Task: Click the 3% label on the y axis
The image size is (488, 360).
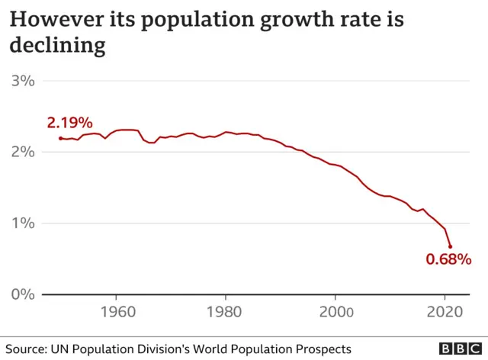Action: [22, 80]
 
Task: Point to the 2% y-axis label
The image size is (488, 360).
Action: [22, 151]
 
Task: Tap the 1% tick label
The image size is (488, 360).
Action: [22, 223]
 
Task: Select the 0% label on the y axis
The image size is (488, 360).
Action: [22, 294]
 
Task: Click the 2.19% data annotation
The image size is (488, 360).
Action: [69, 123]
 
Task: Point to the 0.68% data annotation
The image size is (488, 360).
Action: [448, 259]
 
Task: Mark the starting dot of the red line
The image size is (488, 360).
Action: [60, 138]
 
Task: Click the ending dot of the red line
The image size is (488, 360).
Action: [450, 246]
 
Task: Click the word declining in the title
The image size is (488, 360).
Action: [57, 46]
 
